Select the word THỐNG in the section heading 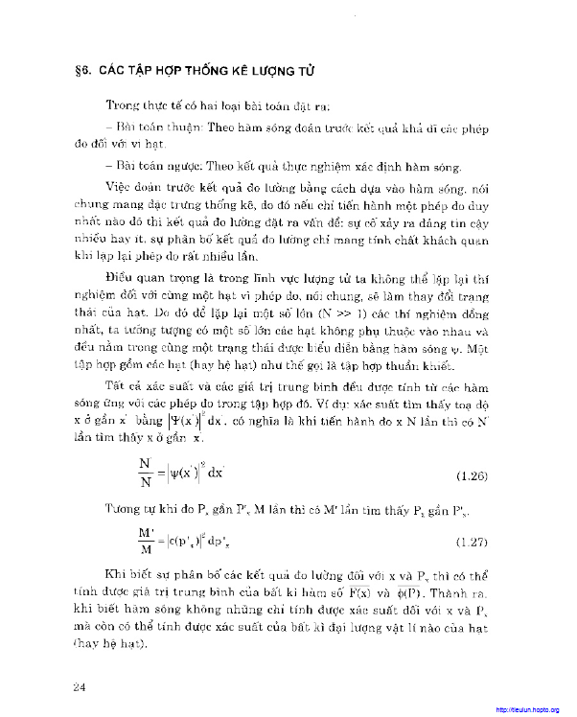coord(209,72)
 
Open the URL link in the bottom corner coord(527,709)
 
